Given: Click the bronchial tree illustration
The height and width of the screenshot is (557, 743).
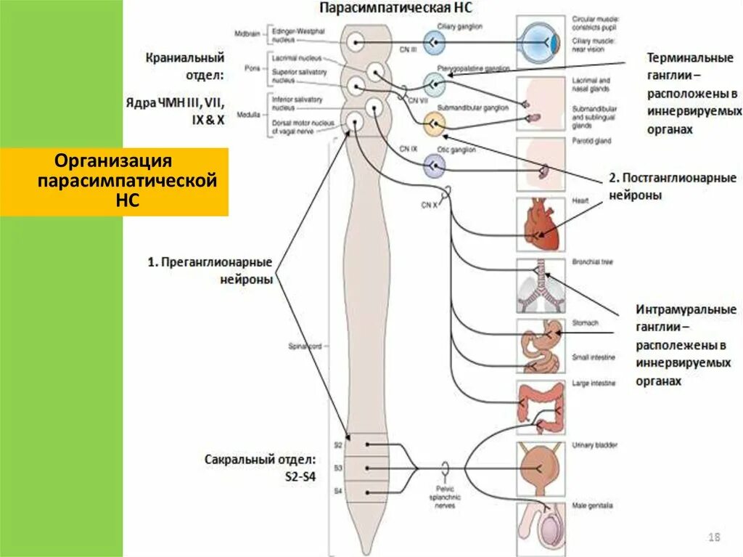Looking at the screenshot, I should [x=541, y=284].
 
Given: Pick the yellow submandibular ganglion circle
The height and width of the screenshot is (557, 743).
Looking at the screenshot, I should [x=433, y=125].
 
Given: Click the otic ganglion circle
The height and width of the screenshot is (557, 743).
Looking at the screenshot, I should [x=434, y=168].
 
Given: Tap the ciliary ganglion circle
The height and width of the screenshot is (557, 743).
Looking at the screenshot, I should [x=435, y=44].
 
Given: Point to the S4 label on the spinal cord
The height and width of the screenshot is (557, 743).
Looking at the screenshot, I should [x=337, y=492].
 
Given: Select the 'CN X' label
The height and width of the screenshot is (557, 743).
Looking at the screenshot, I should [x=430, y=206].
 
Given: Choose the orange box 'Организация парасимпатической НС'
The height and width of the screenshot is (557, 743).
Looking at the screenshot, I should [x=115, y=182].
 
